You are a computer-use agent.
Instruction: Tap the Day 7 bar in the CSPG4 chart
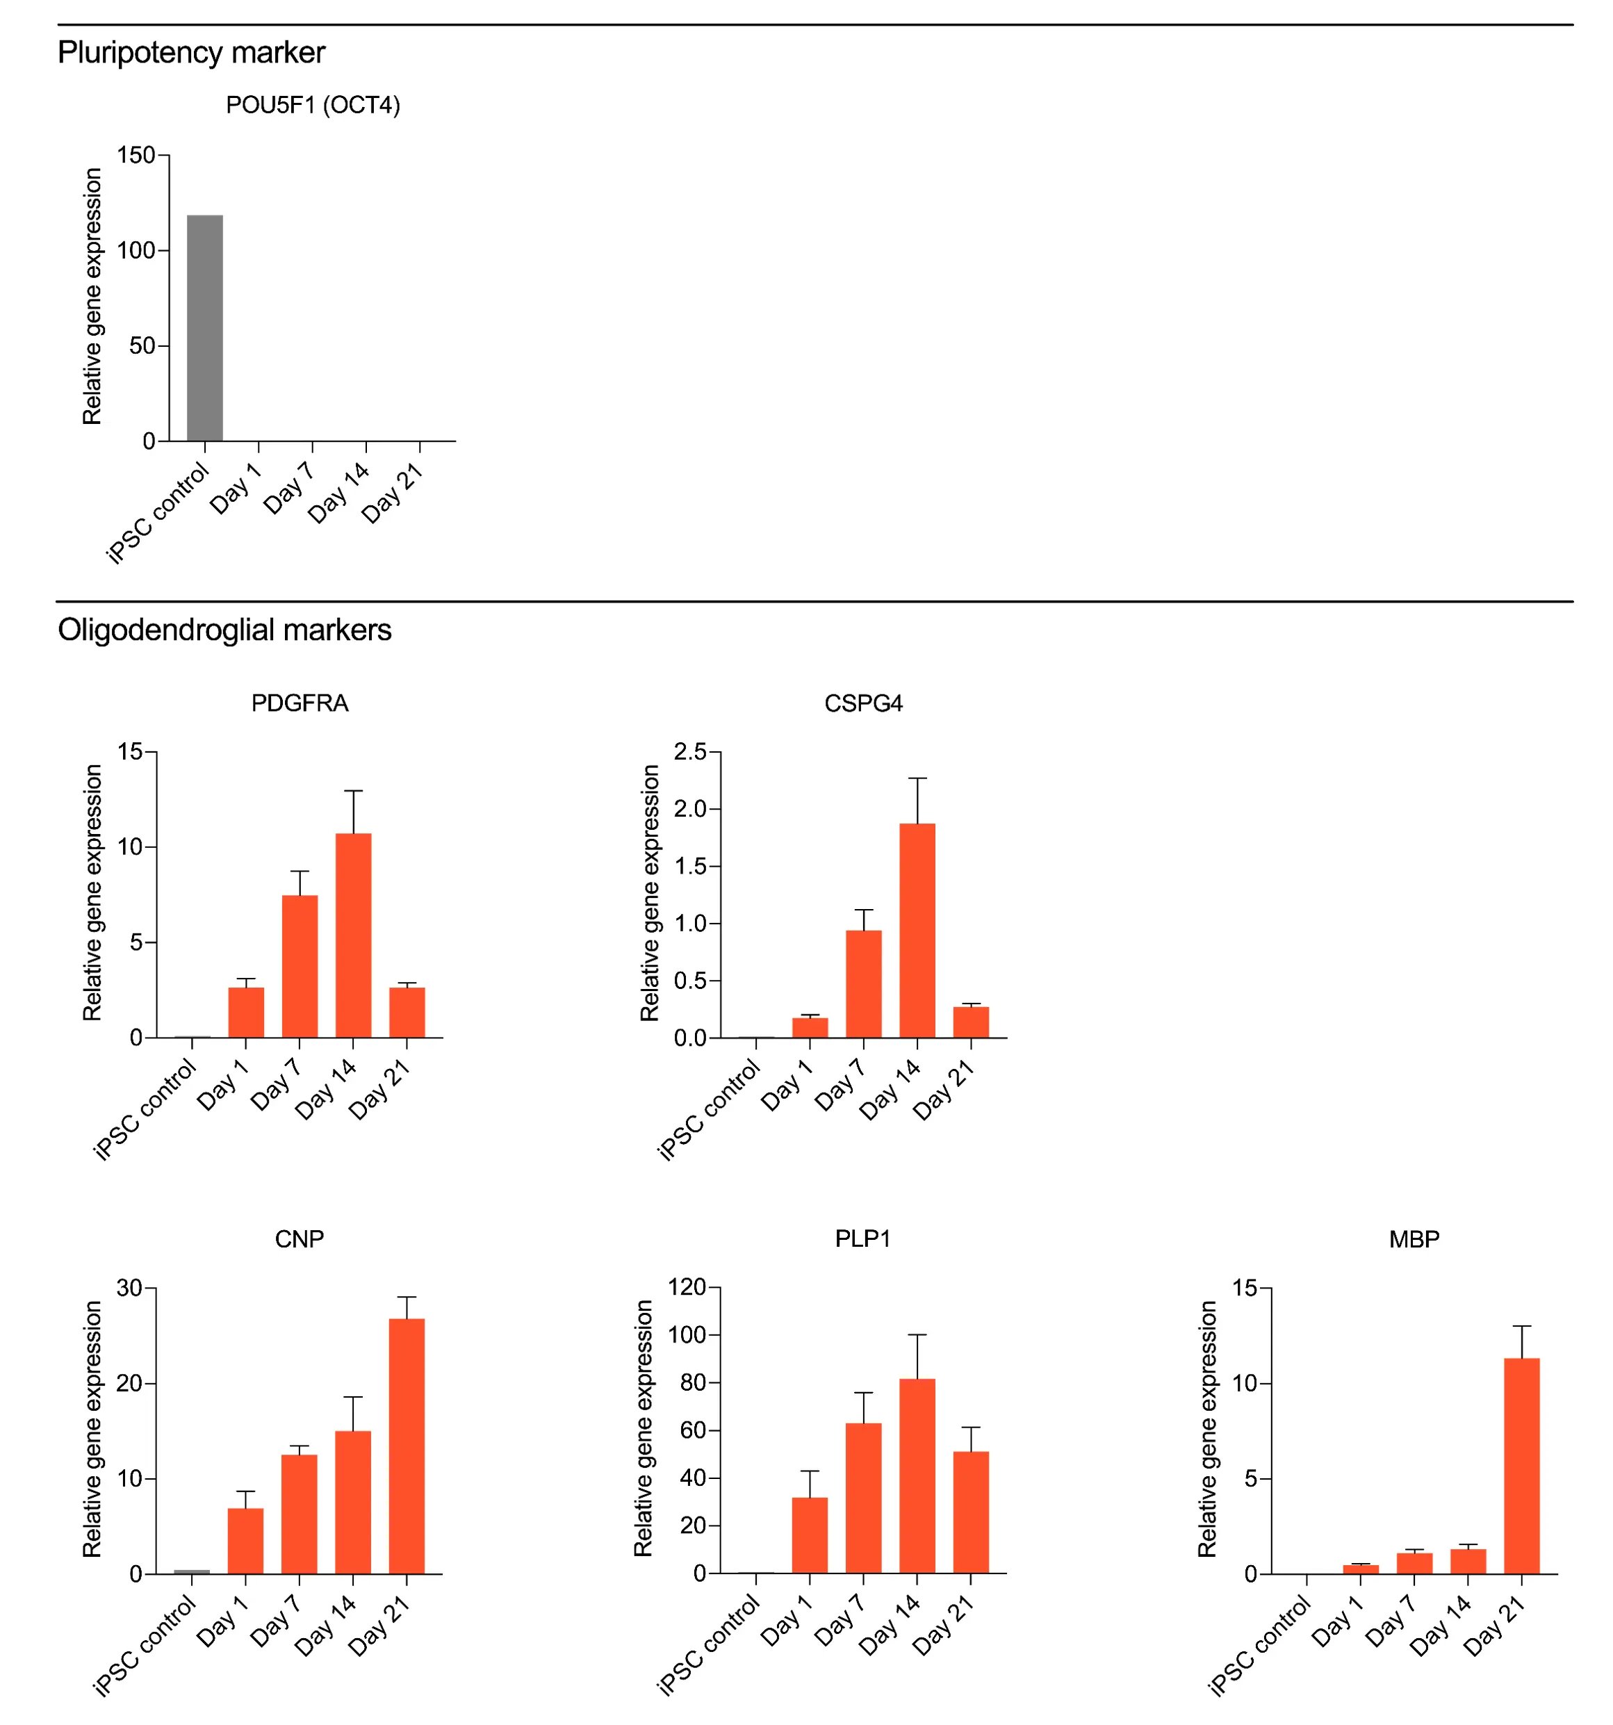863,984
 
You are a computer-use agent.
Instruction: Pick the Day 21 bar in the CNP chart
406,1446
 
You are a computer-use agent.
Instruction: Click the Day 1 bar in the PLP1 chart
810,1535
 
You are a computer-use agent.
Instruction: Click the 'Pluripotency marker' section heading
191,53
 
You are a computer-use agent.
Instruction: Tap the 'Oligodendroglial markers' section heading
224,630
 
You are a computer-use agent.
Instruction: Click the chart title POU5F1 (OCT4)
312,106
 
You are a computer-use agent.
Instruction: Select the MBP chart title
1414,1239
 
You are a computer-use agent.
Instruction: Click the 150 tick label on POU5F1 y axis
136,155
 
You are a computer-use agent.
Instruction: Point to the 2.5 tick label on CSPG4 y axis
691,752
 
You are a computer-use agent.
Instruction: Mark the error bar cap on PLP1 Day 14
917,1334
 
